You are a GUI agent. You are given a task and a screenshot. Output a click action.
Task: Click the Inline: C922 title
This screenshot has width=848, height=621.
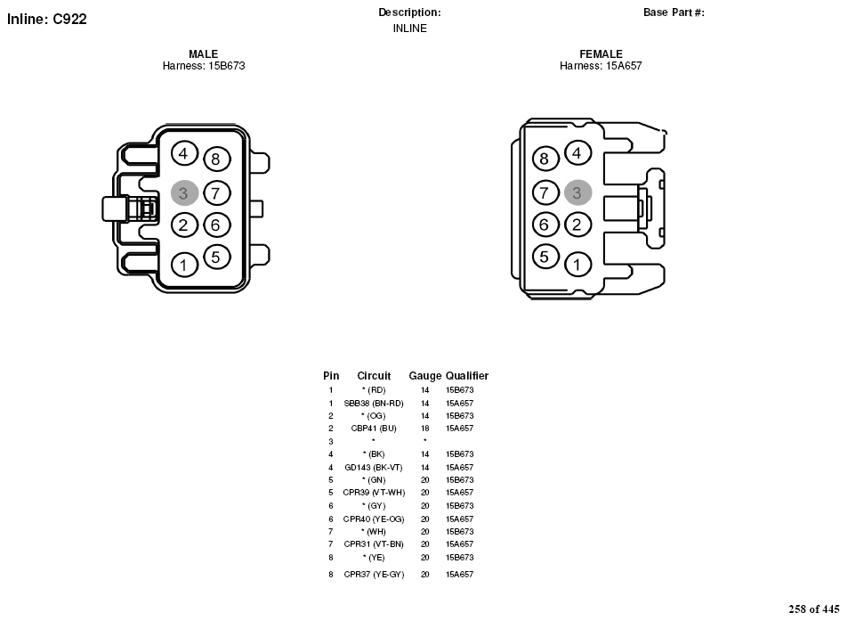pyautogui.click(x=46, y=19)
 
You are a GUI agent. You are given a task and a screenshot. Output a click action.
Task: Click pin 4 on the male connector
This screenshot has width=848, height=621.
pyautogui.click(x=184, y=154)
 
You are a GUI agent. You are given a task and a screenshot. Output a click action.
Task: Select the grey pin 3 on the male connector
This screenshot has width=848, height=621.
pyautogui.click(x=184, y=192)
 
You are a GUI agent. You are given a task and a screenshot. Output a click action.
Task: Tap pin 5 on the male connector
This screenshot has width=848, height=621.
pyautogui.click(x=216, y=257)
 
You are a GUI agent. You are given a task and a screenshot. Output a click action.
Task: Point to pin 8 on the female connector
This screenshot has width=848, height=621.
pyautogui.click(x=545, y=159)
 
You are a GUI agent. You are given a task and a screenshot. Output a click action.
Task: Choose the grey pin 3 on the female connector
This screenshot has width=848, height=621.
pyautogui.click(x=577, y=192)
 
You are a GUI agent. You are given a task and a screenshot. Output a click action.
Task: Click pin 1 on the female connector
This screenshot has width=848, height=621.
pyautogui.click(x=577, y=265)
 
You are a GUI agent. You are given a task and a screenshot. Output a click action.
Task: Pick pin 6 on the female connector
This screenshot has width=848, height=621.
pyautogui.click(x=545, y=225)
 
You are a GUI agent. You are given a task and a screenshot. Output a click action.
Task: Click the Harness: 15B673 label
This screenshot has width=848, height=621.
pyautogui.click(x=204, y=66)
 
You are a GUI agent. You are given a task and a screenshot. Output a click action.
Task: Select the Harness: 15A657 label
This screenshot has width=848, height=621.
pyautogui.click(x=601, y=66)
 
